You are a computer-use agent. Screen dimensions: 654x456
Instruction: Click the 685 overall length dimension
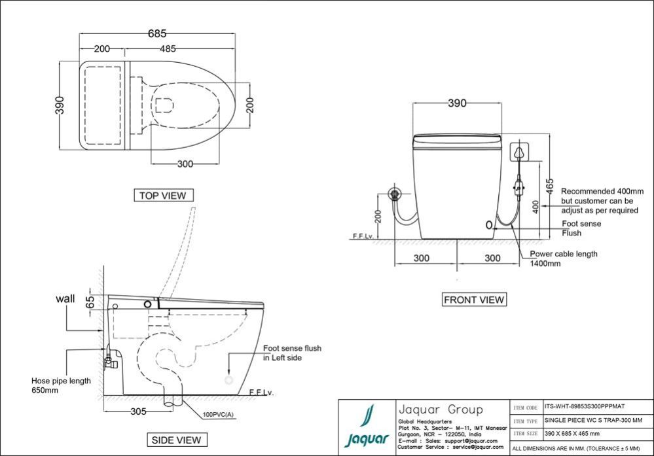[x=157, y=33]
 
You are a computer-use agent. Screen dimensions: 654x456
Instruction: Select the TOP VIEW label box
[x=164, y=195]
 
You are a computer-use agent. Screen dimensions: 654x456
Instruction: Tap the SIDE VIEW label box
[x=177, y=440]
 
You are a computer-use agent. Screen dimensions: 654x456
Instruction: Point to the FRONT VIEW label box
[x=474, y=300]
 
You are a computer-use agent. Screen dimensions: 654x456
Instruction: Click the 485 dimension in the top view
[x=168, y=49]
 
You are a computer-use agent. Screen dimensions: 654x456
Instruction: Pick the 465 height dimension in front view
[x=550, y=186]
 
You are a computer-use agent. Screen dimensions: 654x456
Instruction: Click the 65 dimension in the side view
[x=90, y=302]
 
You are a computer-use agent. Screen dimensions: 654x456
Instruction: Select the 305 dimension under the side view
[x=139, y=412]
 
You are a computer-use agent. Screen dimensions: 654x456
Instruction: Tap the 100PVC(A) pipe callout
[x=218, y=415]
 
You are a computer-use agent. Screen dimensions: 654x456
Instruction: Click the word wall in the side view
[x=65, y=298]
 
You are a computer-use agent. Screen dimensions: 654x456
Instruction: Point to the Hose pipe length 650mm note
[x=61, y=385]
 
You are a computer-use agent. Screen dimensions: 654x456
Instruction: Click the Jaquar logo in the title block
[x=367, y=427]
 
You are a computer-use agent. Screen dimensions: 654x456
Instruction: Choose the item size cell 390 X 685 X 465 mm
[x=572, y=434]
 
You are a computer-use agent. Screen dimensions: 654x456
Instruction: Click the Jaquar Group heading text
[x=441, y=410]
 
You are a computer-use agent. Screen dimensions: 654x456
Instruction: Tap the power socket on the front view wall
[x=519, y=152]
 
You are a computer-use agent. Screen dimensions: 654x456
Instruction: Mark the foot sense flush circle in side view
[x=228, y=380]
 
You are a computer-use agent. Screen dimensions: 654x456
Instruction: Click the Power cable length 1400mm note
[x=564, y=258]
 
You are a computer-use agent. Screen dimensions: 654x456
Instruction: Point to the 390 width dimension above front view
[x=457, y=103]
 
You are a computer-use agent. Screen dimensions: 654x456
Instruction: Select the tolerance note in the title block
[x=576, y=449]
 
